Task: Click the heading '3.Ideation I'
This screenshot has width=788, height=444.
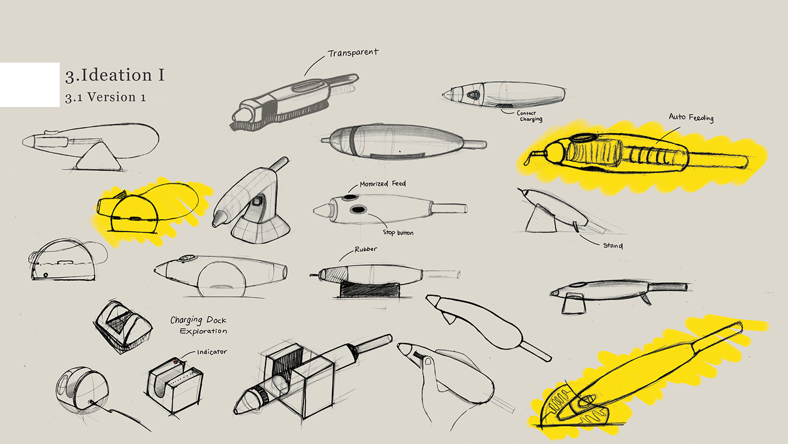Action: [x=115, y=75]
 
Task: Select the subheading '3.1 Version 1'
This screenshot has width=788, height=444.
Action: [x=105, y=97]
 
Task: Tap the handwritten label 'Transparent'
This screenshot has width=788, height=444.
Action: [x=353, y=53]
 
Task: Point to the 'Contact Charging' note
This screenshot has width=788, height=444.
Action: [x=529, y=116]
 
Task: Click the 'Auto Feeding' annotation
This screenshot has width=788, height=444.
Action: [x=691, y=117]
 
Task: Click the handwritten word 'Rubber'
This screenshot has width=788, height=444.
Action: [x=365, y=250]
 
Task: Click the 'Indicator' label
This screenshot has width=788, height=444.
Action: [x=212, y=352]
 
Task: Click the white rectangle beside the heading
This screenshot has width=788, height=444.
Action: [x=29, y=85]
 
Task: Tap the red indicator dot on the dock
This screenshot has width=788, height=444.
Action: [x=176, y=361]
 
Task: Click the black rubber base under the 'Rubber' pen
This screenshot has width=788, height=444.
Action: [x=368, y=290]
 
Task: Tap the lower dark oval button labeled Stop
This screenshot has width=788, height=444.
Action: [x=359, y=210]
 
